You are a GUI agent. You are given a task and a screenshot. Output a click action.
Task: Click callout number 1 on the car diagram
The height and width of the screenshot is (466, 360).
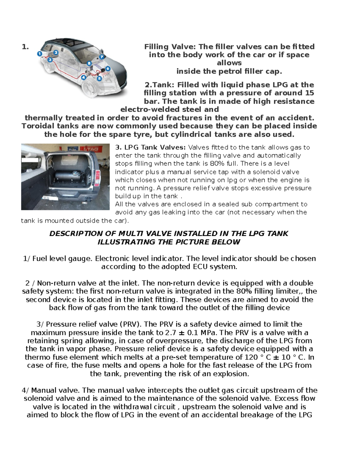pos(40,54)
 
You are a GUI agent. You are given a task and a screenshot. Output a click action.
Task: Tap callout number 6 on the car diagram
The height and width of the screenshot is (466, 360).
pos(108,69)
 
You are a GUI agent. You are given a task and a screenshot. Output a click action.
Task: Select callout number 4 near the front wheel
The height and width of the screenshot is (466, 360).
pos(83,77)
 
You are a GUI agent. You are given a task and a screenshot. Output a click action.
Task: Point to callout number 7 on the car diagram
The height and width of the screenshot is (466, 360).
pos(102,57)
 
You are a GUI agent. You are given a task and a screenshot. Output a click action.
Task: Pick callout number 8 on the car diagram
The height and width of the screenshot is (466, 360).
pos(89,63)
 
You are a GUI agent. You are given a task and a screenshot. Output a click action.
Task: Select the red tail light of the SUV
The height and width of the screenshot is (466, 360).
pos(97,178)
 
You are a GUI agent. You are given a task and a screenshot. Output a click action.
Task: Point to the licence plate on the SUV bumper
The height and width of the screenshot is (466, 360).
pos(46,198)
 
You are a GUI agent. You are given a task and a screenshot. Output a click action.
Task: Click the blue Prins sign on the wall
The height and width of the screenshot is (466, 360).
pos(72,149)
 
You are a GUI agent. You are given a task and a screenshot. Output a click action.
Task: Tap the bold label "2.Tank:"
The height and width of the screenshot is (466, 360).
pos(160,85)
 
